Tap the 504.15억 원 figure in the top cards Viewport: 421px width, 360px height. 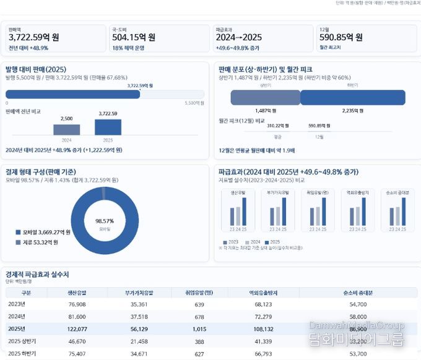click(x=133, y=38)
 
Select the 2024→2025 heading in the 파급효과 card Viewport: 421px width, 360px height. click(x=239, y=38)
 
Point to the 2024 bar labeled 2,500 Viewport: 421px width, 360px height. click(x=66, y=129)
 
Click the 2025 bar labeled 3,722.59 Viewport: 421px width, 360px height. click(x=108, y=127)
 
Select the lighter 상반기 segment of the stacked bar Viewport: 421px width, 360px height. click(x=266, y=97)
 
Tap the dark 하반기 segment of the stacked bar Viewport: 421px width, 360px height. click(x=353, y=97)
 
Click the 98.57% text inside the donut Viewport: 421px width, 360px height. click(x=105, y=221)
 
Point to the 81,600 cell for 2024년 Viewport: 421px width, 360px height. click(x=76, y=317)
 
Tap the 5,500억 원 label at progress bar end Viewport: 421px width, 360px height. click(x=194, y=103)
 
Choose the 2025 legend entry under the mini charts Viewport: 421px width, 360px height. click(x=273, y=242)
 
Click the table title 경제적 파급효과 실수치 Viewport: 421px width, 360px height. click(x=37, y=274)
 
